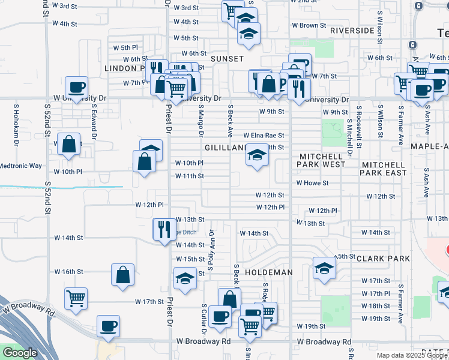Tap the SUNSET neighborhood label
pos(227,59)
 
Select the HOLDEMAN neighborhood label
pos(269,272)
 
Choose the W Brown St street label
pos(309,26)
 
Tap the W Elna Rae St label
pos(264,136)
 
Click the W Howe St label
pos(312,183)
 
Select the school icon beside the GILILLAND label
pos(257,157)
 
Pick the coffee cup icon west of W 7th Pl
pos(77,88)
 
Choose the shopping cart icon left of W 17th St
pos(76,298)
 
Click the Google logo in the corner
pos(20,353)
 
